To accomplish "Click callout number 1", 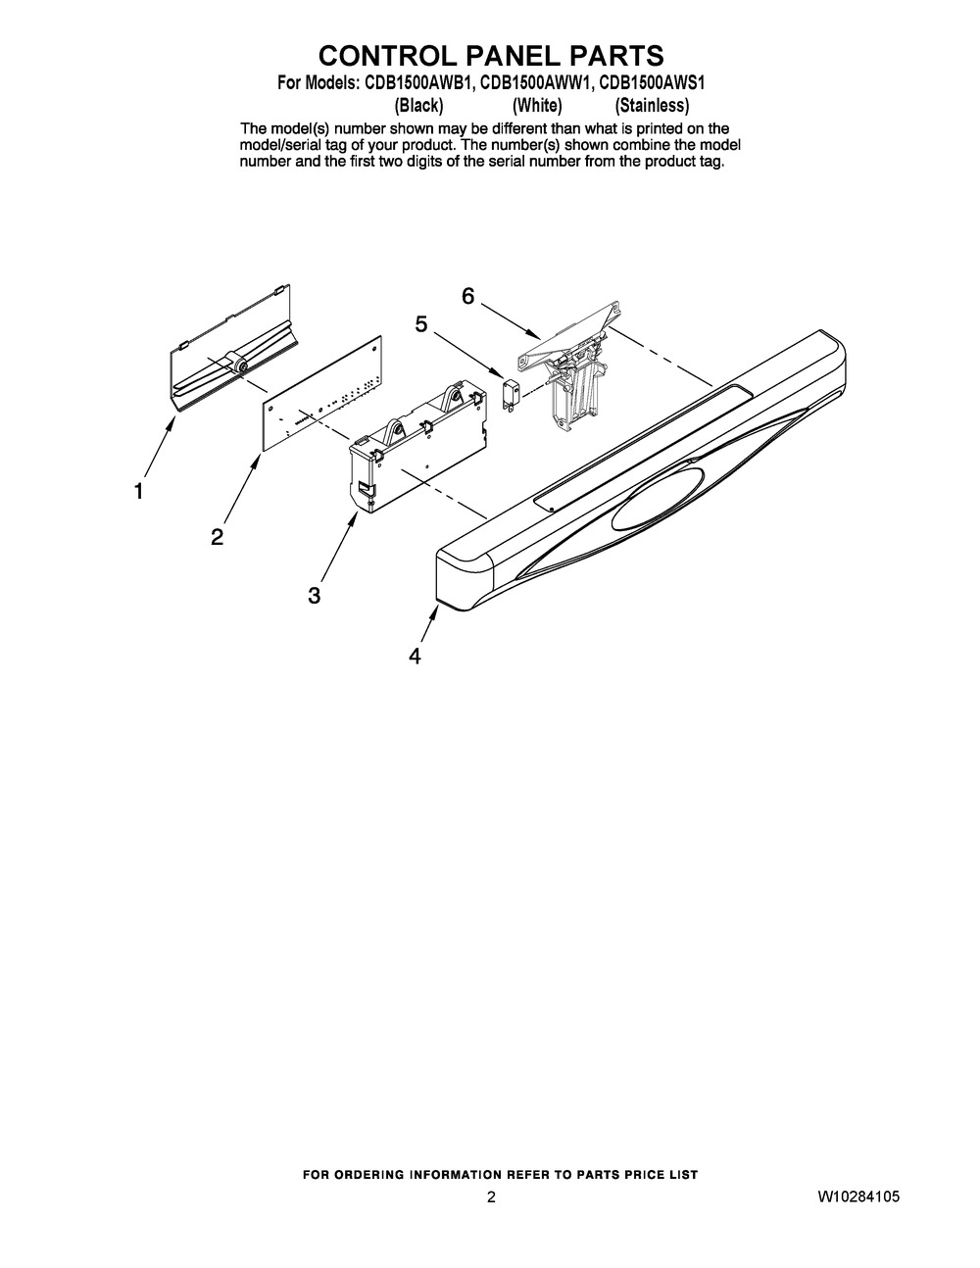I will pos(139,491).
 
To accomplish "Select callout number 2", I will pos(217,536).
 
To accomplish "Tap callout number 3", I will pos(314,595).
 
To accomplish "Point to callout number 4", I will pos(416,656).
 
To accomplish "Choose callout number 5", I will pos(421,323).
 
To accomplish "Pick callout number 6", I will pos(468,295).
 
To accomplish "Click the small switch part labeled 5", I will pos(510,394).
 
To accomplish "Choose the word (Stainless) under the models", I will pos(652,105).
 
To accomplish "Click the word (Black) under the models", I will pos(418,105).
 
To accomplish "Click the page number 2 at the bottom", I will pos(491,1196).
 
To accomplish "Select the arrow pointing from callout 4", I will pos(428,623).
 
